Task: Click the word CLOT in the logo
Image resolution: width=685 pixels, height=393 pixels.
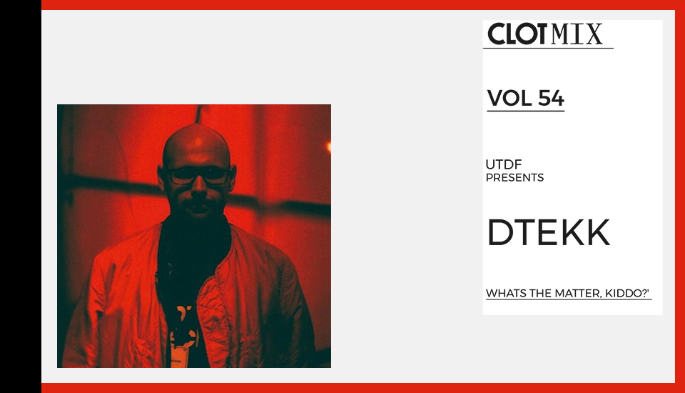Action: pyautogui.click(x=517, y=34)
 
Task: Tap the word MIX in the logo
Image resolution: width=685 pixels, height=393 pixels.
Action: pyautogui.click(x=577, y=34)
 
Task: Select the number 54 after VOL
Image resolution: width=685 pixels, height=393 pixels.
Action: pyautogui.click(x=551, y=98)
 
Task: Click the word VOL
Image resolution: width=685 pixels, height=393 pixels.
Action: pyautogui.click(x=510, y=98)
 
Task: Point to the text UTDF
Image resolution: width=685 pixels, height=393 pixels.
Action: pyautogui.click(x=504, y=164)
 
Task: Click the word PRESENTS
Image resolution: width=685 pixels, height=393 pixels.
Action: pyautogui.click(x=514, y=178)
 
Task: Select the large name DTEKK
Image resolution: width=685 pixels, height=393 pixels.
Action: pyautogui.click(x=548, y=232)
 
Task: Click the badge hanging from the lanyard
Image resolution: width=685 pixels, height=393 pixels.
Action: pyautogui.click(x=181, y=355)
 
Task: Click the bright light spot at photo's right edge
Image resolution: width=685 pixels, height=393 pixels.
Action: pyautogui.click(x=328, y=146)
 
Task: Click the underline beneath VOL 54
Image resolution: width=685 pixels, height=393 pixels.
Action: pyautogui.click(x=526, y=111)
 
